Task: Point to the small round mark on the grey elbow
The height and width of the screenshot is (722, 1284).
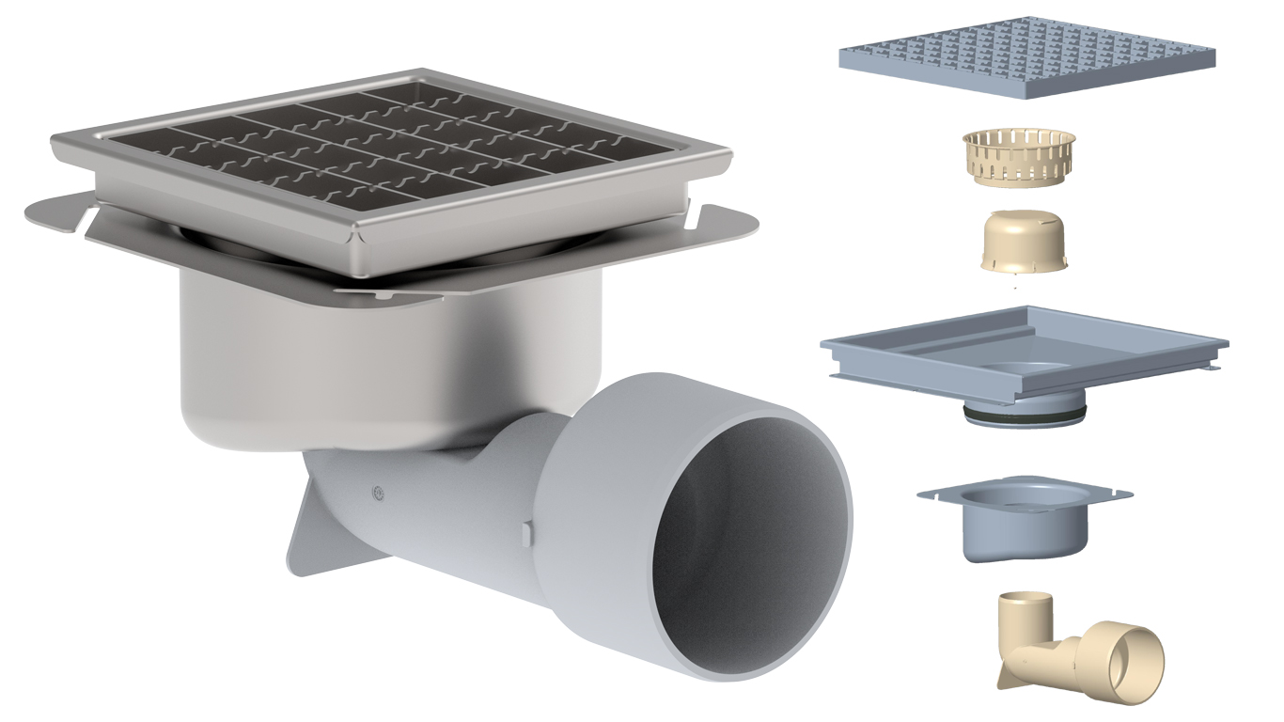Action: (x=378, y=490)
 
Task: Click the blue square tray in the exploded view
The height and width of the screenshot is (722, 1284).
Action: (x=1025, y=353)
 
